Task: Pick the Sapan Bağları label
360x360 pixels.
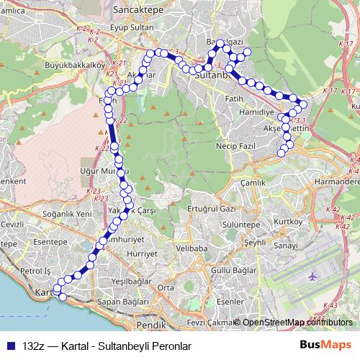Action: click(x=119, y=302)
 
